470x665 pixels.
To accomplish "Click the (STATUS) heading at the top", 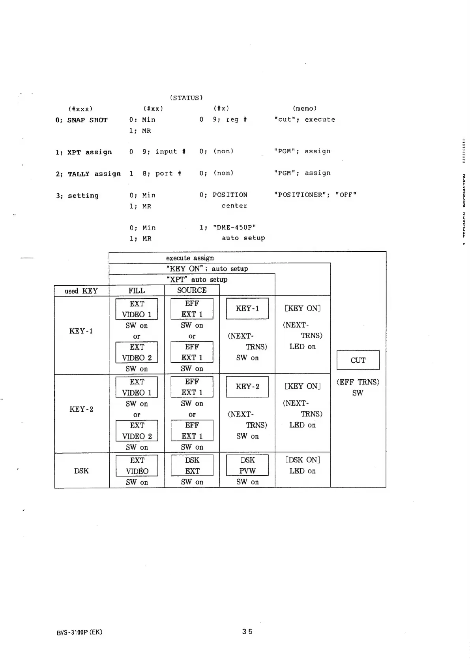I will (x=186, y=98).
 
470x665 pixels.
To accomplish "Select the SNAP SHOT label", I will (x=87, y=120).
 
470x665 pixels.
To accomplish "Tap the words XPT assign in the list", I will (x=90, y=152).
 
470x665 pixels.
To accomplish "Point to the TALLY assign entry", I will (x=94, y=174).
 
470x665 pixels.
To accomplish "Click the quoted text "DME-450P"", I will (x=234, y=227).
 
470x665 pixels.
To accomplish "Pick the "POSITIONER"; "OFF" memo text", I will (x=315, y=195).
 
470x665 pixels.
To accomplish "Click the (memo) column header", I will (x=305, y=108).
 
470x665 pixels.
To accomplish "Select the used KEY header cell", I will (x=81, y=291).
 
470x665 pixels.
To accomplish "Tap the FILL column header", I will (x=137, y=290).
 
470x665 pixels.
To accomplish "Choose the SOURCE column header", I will (x=192, y=290).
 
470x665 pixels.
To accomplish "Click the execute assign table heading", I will (x=190, y=258).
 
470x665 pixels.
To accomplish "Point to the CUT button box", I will (x=358, y=360).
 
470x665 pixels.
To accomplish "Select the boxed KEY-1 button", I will (x=247, y=309).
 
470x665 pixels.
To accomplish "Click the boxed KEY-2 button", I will (x=247, y=386).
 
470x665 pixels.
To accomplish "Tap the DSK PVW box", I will (x=247, y=465).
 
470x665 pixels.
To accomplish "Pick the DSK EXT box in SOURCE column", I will (x=192, y=465).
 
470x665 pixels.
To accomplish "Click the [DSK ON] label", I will (x=302, y=460).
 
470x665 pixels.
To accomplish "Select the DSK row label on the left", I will (x=81, y=471).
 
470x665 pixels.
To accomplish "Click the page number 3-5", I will (x=247, y=631).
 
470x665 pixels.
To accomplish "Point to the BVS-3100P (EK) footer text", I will (x=79, y=632).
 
